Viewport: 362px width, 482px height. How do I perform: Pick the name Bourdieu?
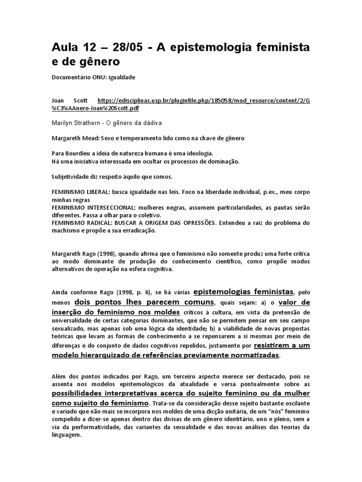(x=76, y=154)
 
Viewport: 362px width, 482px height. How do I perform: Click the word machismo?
(x=66, y=231)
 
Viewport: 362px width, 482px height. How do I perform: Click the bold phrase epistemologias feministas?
(x=243, y=291)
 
